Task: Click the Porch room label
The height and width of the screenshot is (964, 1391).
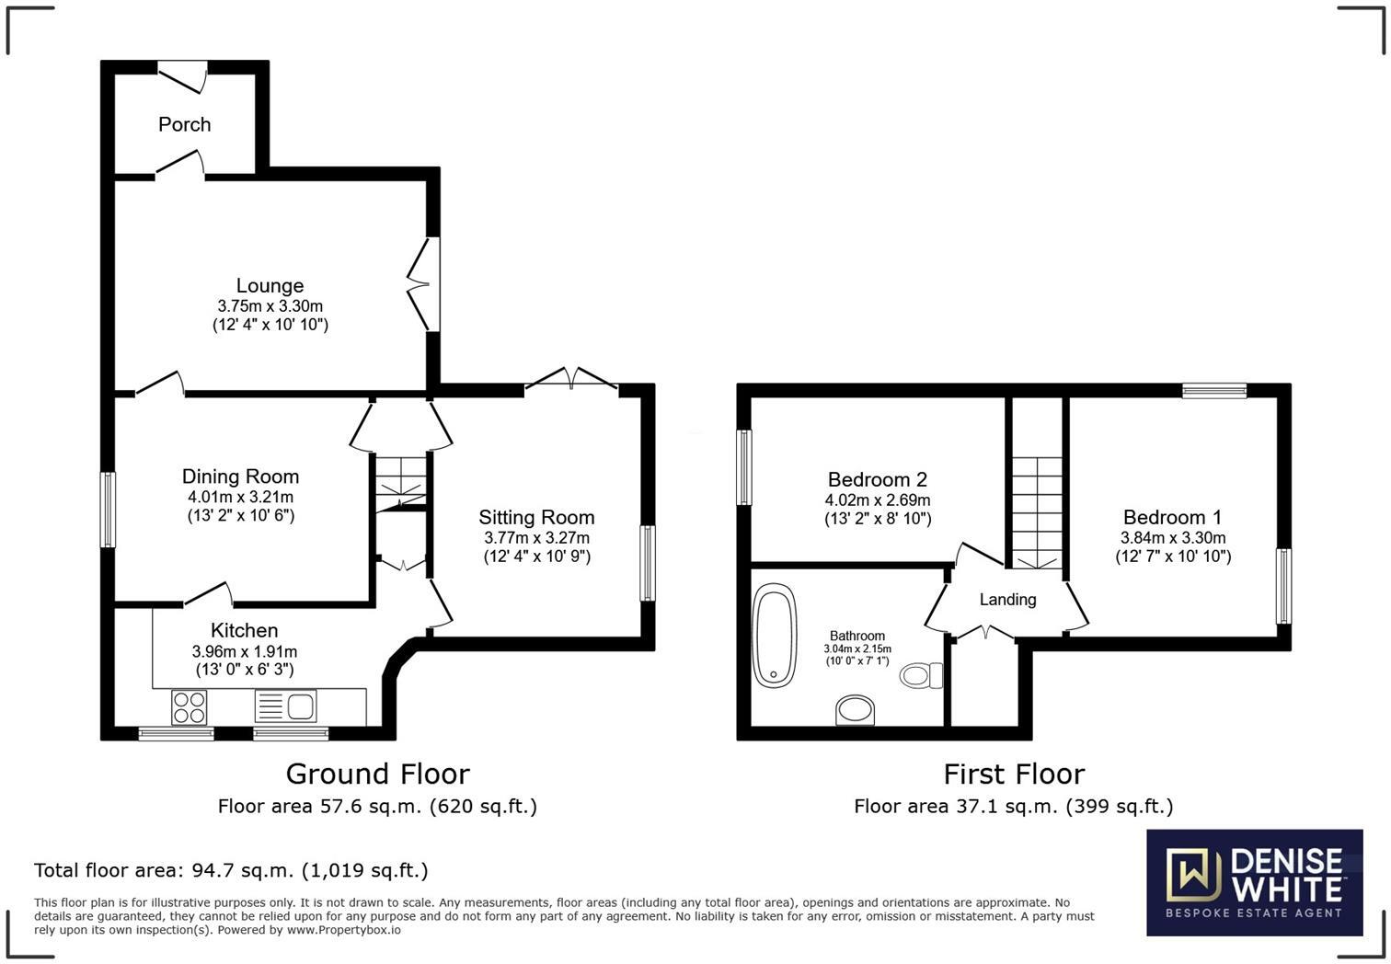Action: click(x=184, y=124)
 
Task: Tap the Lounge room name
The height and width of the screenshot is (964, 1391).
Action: click(x=270, y=286)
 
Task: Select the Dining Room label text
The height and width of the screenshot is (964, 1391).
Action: click(x=240, y=476)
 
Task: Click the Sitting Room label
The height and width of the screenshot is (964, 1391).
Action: click(x=536, y=517)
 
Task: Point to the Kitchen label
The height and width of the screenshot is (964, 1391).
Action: click(x=244, y=630)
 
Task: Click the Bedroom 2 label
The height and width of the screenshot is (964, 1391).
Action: click(x=877, y=479)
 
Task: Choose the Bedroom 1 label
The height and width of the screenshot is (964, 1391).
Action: click(x=1172, y=517)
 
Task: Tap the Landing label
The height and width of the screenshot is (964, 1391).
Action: click(x=1007, y=600)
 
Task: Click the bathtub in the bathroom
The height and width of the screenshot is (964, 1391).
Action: click(x=775, y=637)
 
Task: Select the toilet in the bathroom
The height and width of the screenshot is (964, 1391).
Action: click(x=921, y=676)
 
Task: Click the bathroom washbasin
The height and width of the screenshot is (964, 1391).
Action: click(x=856, y=710)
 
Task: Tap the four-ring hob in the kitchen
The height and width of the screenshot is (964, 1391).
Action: click(x=189, y=707)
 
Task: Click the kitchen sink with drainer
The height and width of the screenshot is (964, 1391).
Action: click(x=285, y=706)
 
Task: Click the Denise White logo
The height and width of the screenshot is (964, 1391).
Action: click(x=1254, y=882)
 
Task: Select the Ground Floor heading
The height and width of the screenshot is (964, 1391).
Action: click(x=377, y=774)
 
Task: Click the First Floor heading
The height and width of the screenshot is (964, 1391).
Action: click(x=1014, y=774)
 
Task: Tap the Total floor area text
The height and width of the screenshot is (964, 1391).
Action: click(x=231, y=870)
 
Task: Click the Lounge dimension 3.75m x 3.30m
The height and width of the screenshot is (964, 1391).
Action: click(x=270, y=306)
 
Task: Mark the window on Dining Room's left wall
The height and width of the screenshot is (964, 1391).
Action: click(x=109, y=510)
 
